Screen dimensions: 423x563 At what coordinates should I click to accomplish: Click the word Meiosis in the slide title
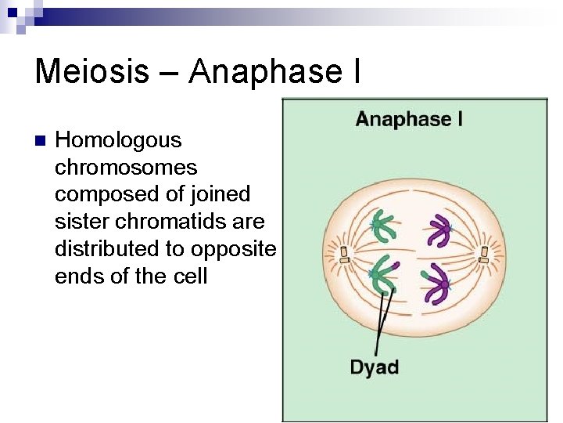[91, 71]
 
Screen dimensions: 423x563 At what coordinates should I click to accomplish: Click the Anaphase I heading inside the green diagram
[408, 120]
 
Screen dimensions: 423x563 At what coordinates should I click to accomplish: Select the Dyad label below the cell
[374, 367]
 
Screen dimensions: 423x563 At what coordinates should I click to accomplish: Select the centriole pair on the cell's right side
[484, 254]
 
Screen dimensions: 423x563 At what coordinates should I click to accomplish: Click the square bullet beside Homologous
[40, 142]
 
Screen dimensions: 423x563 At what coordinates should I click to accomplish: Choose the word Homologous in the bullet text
[118, 140]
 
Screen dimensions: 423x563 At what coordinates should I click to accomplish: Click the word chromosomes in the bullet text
[126, 168]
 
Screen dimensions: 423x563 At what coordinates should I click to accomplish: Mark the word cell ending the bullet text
[191, 276]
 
